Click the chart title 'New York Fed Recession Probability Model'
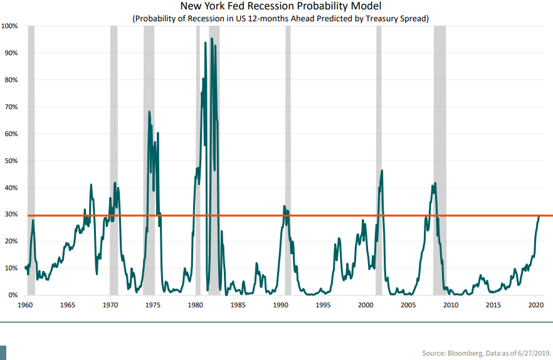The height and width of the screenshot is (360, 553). [280, 7]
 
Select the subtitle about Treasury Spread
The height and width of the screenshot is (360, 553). [280, 18]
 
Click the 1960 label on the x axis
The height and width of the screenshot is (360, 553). [25, 305]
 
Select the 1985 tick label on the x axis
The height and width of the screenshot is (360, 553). [238, 305]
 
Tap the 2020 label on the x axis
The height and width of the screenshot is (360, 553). [535, 305]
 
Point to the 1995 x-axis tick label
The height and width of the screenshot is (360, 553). [323, 305]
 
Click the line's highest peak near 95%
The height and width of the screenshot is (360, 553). [211, 38]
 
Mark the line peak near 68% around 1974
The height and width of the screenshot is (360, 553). [149, 112]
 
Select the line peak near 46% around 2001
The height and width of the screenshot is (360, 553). [382, 171]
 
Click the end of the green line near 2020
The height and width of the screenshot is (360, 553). [539, 216]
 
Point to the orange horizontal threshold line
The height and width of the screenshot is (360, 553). [313, 215]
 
